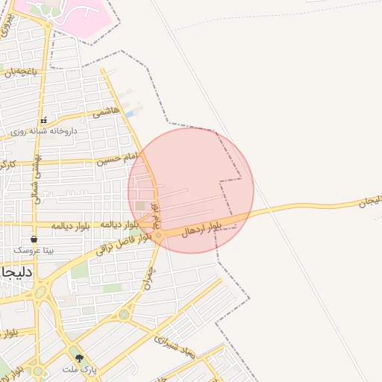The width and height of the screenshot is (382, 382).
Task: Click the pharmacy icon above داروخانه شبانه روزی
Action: pyautogui.click(x=44, y=119)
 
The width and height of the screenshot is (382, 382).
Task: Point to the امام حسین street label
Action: pyautogui.click(x=117, y=158)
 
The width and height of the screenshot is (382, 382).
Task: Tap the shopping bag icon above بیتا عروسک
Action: pyautogui.click(x=34, y=239)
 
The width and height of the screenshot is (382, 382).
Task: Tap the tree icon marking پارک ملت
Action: pyautogui.click(x=79, y=359)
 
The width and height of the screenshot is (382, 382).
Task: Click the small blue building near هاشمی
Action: pyautogui.click(x=131, y=114)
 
